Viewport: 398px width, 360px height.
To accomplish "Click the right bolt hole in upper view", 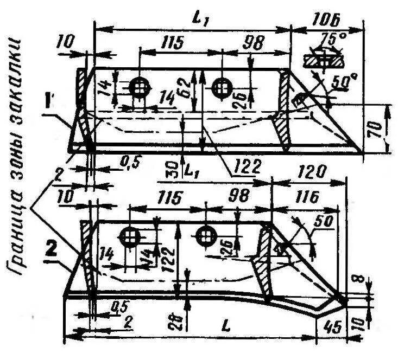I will click(221, 87).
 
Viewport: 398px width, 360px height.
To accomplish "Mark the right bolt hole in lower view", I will click(205, 235).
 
